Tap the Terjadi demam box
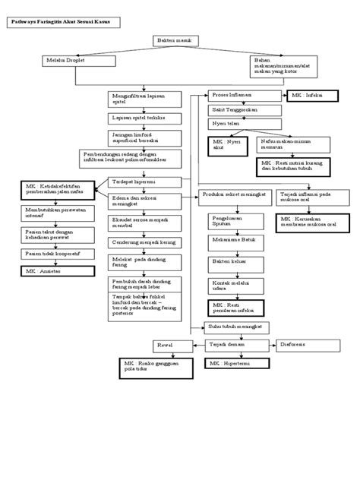pyautogui.click(x=228, y=345)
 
